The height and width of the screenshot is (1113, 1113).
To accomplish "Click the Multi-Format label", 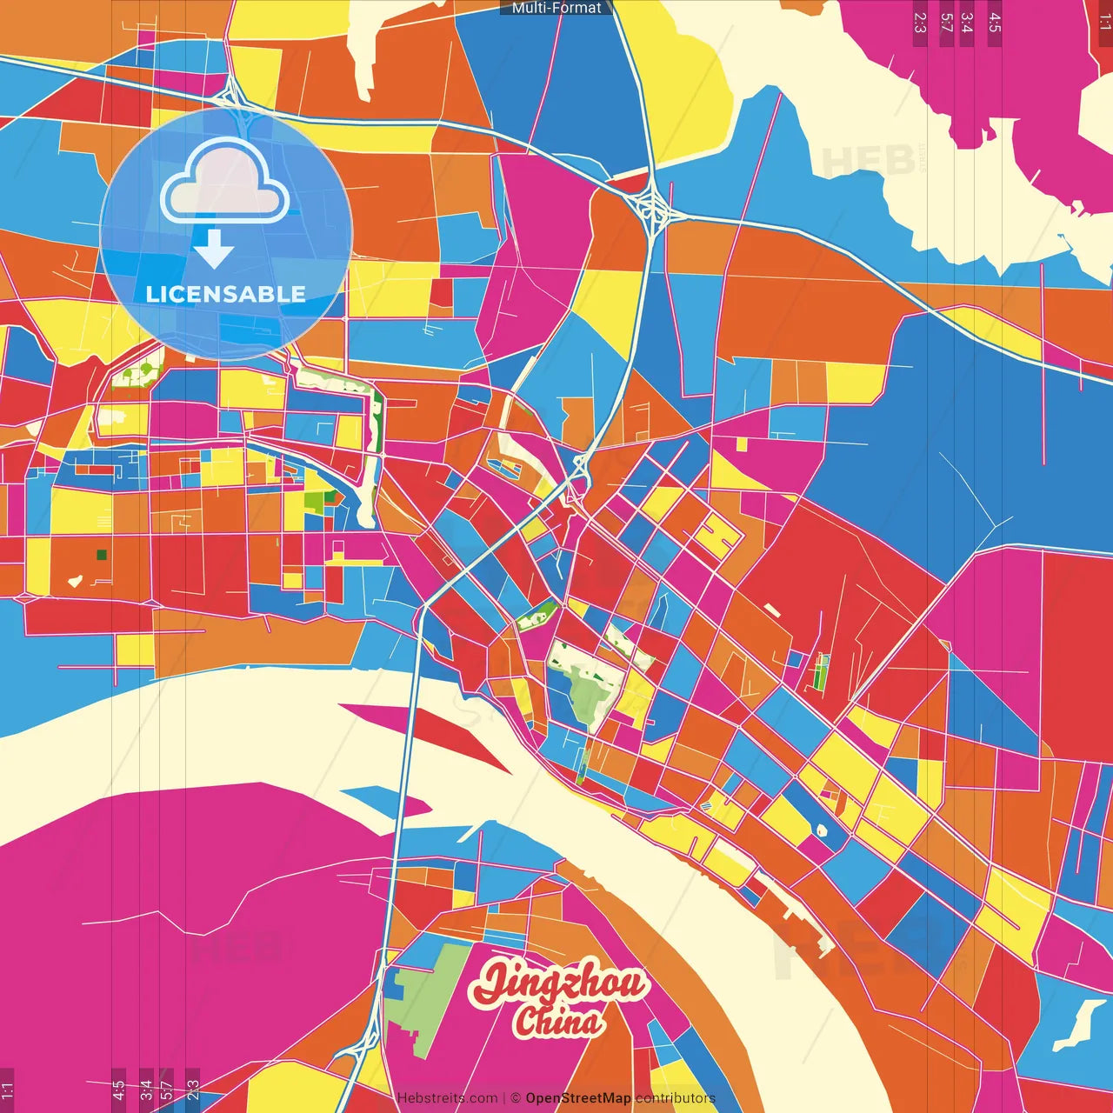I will pos(556,8).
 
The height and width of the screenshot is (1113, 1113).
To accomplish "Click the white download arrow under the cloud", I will pos(214,250).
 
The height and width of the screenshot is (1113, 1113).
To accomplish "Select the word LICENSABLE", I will pos(226,294).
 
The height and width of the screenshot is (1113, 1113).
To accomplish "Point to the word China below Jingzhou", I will pos(558,1022).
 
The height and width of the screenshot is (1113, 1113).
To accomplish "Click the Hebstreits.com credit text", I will pos(447,1098).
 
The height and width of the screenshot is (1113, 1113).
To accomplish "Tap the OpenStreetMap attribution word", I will pos(578,1098).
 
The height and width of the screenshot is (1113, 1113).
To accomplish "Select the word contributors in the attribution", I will pos(676,1098).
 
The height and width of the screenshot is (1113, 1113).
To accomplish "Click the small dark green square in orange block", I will pos(102,554).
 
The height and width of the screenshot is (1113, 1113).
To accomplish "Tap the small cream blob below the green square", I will pos(76,579).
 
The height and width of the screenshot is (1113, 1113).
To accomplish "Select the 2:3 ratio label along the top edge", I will pos(919,23).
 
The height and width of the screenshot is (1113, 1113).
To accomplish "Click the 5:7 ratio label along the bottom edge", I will pos(167,1090).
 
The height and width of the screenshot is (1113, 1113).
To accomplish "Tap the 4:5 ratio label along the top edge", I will pos(995,23).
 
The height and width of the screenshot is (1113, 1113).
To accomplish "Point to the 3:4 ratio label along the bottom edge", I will pos(146,1090).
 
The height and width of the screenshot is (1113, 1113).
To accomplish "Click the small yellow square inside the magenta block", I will pos(742,444).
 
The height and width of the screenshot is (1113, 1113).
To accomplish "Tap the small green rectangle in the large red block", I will pos(821,671).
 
